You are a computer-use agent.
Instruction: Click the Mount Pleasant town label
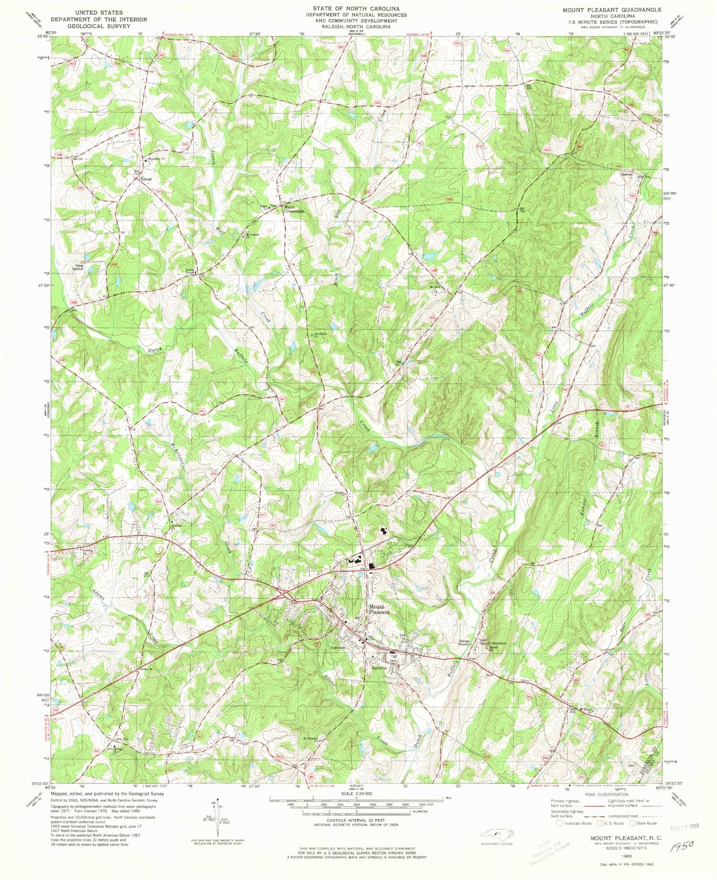tap(379, 609)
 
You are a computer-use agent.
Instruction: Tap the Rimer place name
tap(146, 179)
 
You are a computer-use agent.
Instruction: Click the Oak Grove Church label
tap(319, 335)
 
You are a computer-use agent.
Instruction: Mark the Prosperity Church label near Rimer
tap(156, 158)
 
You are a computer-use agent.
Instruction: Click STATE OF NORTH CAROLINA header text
tap(356, 9)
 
